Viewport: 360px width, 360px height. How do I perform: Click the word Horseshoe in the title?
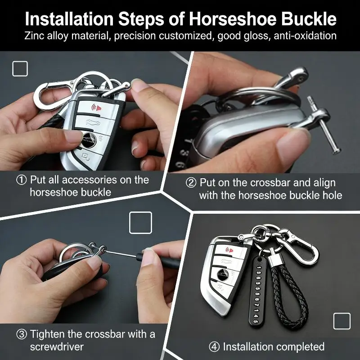tap(233, 19)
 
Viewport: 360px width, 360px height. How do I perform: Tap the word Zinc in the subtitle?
tap(34, 36)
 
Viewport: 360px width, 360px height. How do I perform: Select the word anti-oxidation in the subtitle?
tap(305, 36)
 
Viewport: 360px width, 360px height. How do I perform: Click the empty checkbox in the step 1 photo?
tap(20, 69)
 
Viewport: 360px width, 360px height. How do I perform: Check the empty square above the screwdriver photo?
tap(140, 223)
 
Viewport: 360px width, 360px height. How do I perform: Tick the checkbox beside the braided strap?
tap(342, 321)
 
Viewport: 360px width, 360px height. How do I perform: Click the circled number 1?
tap(21, 180)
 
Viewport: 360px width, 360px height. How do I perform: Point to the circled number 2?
tap(191, 183)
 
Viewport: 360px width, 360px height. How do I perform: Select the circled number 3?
tap(21, 334)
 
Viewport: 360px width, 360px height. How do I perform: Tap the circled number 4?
tap(214, 347)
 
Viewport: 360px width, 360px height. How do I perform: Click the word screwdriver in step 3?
tap(57, 346)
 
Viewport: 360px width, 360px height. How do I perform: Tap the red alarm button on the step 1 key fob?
tap(96, 108)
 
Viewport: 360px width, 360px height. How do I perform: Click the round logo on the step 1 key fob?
tap(88, 139)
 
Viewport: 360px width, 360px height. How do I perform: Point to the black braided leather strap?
tap(289, 292)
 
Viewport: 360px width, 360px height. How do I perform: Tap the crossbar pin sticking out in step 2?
tap(324, 125)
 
